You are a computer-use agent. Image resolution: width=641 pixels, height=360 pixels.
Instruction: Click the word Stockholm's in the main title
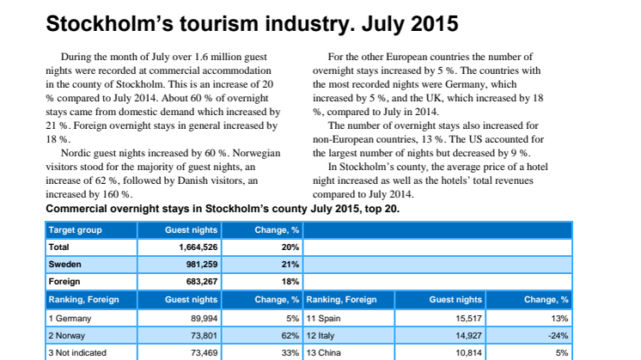[110, 23]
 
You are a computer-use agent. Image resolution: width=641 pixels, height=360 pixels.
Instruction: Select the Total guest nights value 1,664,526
[198, 247]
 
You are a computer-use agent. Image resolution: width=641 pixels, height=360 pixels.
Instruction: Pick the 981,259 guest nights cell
[202, 265]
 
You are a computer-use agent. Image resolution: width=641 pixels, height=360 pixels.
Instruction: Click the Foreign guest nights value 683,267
[202, 282]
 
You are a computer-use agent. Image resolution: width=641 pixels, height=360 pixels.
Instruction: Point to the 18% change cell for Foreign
[290, 282]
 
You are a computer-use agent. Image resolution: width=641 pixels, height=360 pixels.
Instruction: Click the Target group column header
[76, 230]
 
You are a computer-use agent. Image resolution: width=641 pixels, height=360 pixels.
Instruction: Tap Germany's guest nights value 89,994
[204, 318]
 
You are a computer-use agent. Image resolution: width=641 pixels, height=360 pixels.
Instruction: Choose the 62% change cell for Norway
[290, 335]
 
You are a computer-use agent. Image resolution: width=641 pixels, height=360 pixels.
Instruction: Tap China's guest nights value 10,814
[469, 352]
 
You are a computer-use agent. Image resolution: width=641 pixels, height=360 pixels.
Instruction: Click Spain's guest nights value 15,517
[469, 318]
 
